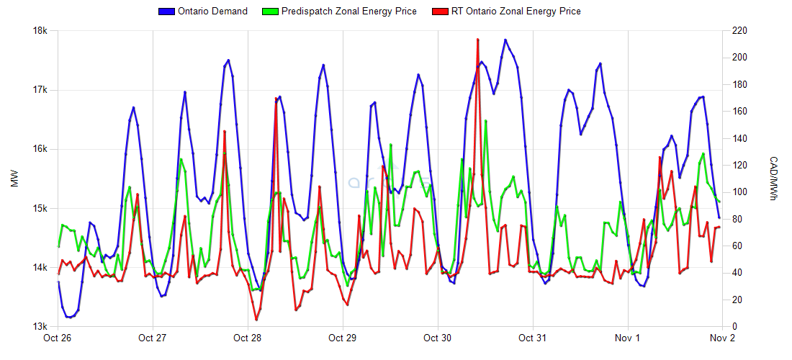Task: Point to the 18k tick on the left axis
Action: [x=40, y=31]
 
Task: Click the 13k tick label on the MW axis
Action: [x=40, y=327]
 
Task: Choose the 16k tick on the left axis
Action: [x=40, y=150]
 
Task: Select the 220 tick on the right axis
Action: [x=737, y=31]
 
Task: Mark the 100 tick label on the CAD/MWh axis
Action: [x=737, y=192]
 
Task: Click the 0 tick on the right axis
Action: [x=732, y=327]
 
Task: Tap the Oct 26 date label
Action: [x=58, y=338]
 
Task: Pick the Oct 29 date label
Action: [x=342, y=338]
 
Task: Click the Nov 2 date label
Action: [x=722, y=338]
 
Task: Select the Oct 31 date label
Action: [x=532, y=338]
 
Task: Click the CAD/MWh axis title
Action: [x=773, y=179]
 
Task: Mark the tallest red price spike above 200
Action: [x=477, y=40]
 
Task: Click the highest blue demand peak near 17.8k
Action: [x=505, y=40]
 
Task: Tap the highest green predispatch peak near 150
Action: [x=486, y=121]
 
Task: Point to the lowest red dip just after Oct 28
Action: [x=256, y=319]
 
